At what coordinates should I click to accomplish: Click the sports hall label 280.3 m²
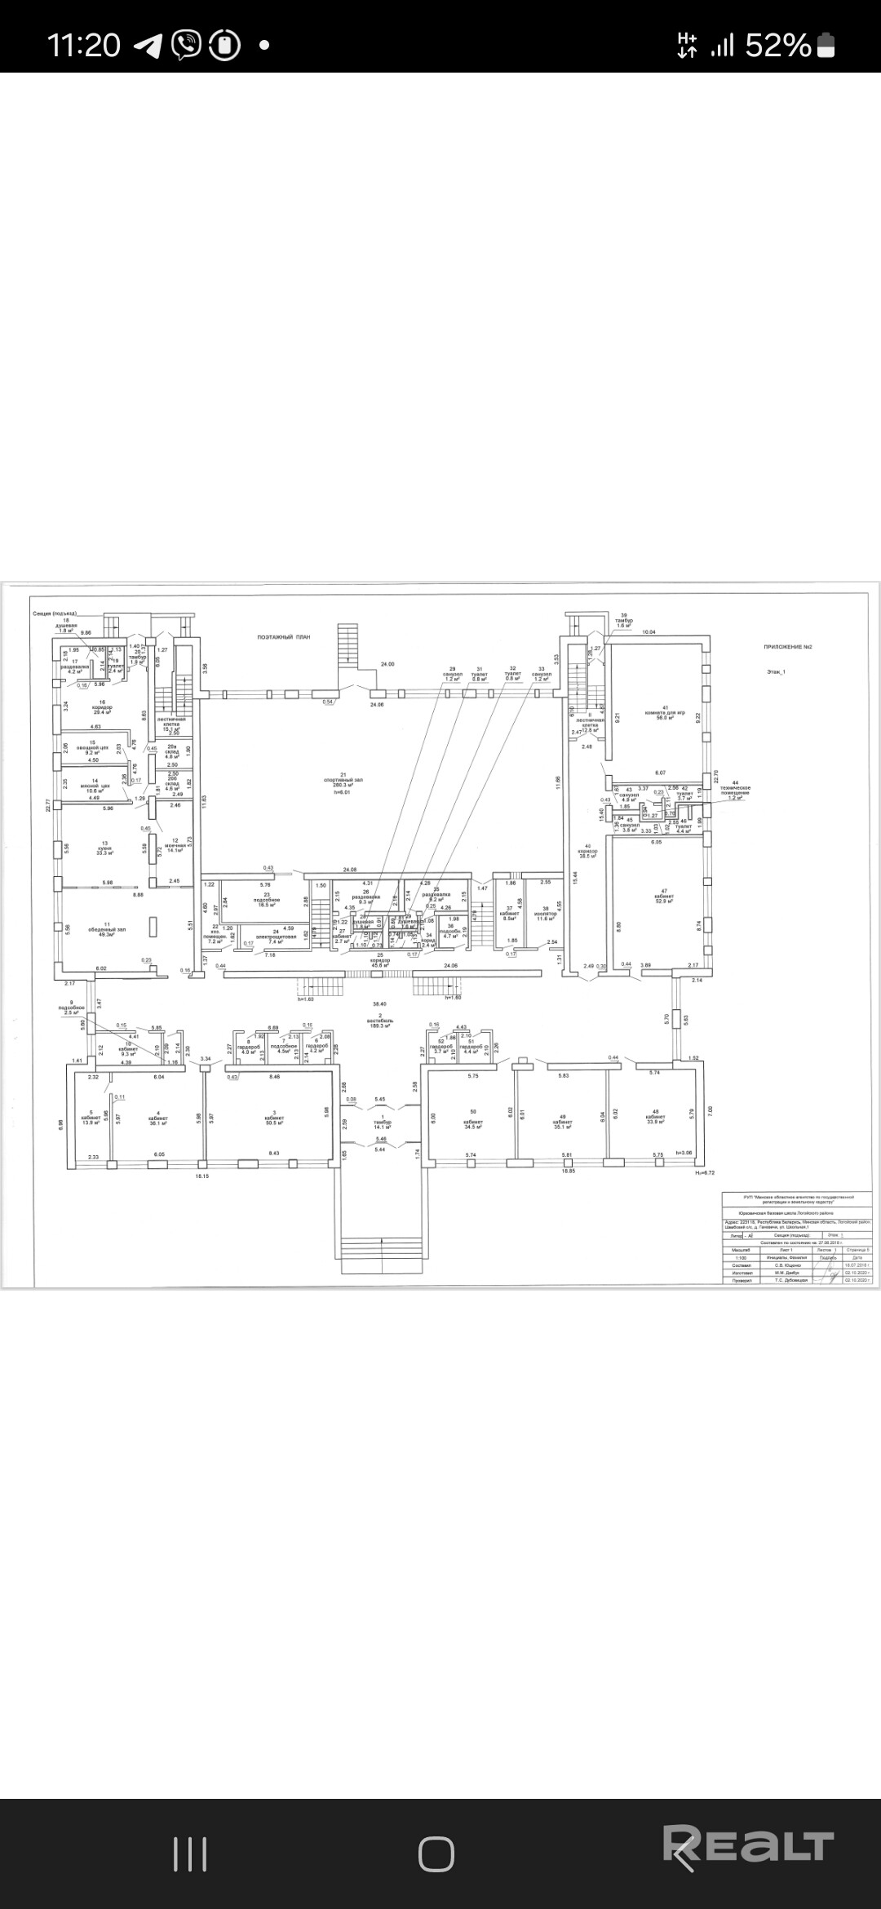352,786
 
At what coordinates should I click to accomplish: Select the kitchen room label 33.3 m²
104,848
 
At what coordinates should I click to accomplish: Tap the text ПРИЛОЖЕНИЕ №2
787,647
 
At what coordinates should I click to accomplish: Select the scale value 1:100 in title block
740,1257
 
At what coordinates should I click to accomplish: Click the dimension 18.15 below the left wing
201,1176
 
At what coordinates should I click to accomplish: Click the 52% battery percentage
777,46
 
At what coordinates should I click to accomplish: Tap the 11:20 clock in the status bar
84,45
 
